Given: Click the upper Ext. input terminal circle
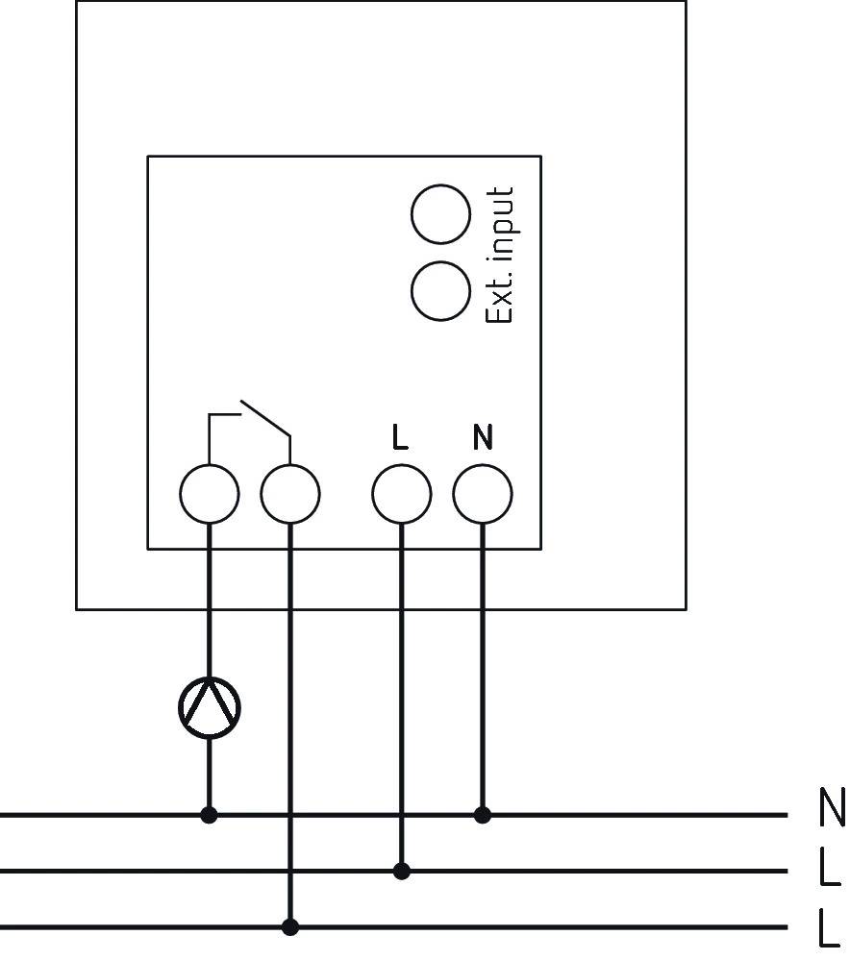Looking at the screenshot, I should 440,213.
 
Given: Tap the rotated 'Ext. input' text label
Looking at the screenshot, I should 499,255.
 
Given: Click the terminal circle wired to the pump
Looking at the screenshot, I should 210,495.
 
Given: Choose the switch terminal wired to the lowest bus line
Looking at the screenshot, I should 290,495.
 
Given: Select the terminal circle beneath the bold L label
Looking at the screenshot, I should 402,495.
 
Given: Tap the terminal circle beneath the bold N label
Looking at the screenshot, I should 483,495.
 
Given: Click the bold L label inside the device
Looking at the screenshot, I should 401,438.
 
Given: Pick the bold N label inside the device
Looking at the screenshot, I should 483,438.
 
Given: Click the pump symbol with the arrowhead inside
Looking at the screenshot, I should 210,708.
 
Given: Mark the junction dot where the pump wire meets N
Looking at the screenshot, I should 210,815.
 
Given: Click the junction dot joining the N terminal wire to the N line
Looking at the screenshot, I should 483,815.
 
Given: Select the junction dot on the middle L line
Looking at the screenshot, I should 402,872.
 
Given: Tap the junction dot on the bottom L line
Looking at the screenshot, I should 290,927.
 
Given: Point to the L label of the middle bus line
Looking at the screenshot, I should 829,869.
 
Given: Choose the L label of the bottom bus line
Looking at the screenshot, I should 829,929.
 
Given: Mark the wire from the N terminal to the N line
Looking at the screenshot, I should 483,673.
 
